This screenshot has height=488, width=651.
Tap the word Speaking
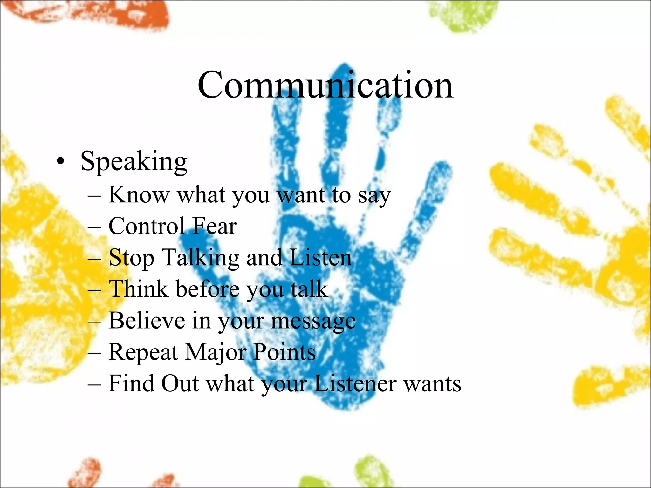pyautogui.click(x=134, y=161)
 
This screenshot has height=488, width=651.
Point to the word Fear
pyautogui.click(x=215, y=226)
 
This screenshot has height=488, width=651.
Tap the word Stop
pyautogui.click(x=132, y=258)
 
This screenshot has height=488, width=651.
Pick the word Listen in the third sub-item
pyautogui.click(x=321, y=257)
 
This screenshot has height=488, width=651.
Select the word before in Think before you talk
pyautogui.click(x=208, y=289)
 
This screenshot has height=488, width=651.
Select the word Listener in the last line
pyautogui.click(x=355, y=383)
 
